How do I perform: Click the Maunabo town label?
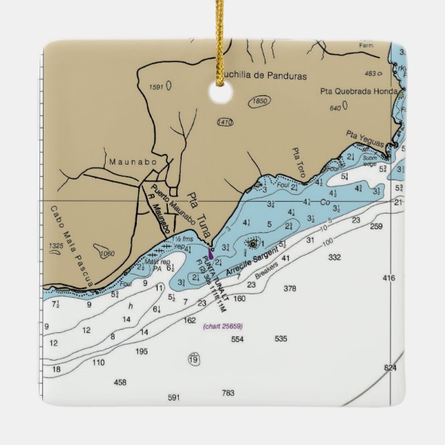pos(129,162)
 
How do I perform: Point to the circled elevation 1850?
pos(260,102)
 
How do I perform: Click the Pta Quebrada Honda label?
pos(359,91)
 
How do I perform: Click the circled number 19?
pos(193,359)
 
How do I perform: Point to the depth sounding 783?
pos(228,393)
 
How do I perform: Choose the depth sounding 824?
pos(390,368)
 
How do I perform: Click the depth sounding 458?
pos(120,382)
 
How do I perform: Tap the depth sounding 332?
pos(334,257)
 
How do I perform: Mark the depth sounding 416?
pos(389,278)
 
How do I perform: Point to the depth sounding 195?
pos(142,352)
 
